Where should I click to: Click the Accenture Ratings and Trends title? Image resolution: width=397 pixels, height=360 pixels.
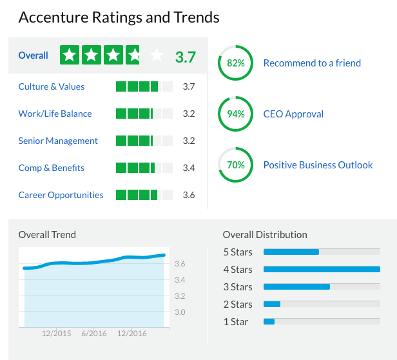[119, 17]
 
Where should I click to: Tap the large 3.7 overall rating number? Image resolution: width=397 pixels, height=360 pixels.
[185, 57]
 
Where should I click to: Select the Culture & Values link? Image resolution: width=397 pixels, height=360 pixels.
[52, 86]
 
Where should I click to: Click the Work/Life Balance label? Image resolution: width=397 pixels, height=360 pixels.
[55, 114]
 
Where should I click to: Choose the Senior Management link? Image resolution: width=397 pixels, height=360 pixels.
[58, 141]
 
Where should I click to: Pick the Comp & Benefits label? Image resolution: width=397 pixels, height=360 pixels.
[52, 168]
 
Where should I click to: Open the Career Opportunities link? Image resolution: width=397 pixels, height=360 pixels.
[61, 195]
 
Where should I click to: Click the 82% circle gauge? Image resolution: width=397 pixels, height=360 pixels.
[236, 63]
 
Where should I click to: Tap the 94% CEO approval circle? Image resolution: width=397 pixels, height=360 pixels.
[236, 114]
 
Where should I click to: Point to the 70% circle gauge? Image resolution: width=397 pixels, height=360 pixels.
[236, 165]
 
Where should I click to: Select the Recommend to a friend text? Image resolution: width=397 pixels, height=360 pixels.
[312, 63]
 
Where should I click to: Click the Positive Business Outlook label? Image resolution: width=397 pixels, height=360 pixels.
[318, 165]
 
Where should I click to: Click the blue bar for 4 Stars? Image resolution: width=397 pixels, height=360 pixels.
[322, 269]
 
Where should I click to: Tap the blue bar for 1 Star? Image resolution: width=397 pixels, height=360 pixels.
[269, 321]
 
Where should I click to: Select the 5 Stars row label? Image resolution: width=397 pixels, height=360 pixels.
[238, 252]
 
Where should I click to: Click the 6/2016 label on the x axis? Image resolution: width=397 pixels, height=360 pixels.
[94, 334]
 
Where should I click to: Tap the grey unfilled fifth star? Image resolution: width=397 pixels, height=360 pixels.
[157, 56]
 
